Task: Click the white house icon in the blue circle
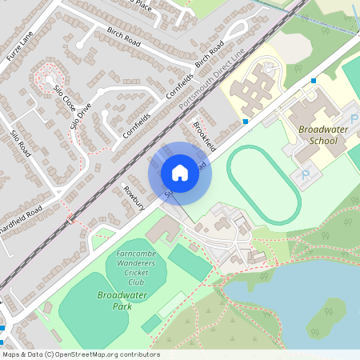point(179,173)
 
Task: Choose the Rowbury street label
point(132,197)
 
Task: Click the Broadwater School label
point(318,134)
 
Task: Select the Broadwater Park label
point(114,301)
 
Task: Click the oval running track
point(264,184)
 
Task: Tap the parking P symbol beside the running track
point(305,175)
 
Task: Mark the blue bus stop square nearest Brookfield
point(245,122)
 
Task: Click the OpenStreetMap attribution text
point(80,354)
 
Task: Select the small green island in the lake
point(326,317)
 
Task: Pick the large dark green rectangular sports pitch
point(190,262)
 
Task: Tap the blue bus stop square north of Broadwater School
point(314,81)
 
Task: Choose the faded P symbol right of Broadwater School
point(354,118)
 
